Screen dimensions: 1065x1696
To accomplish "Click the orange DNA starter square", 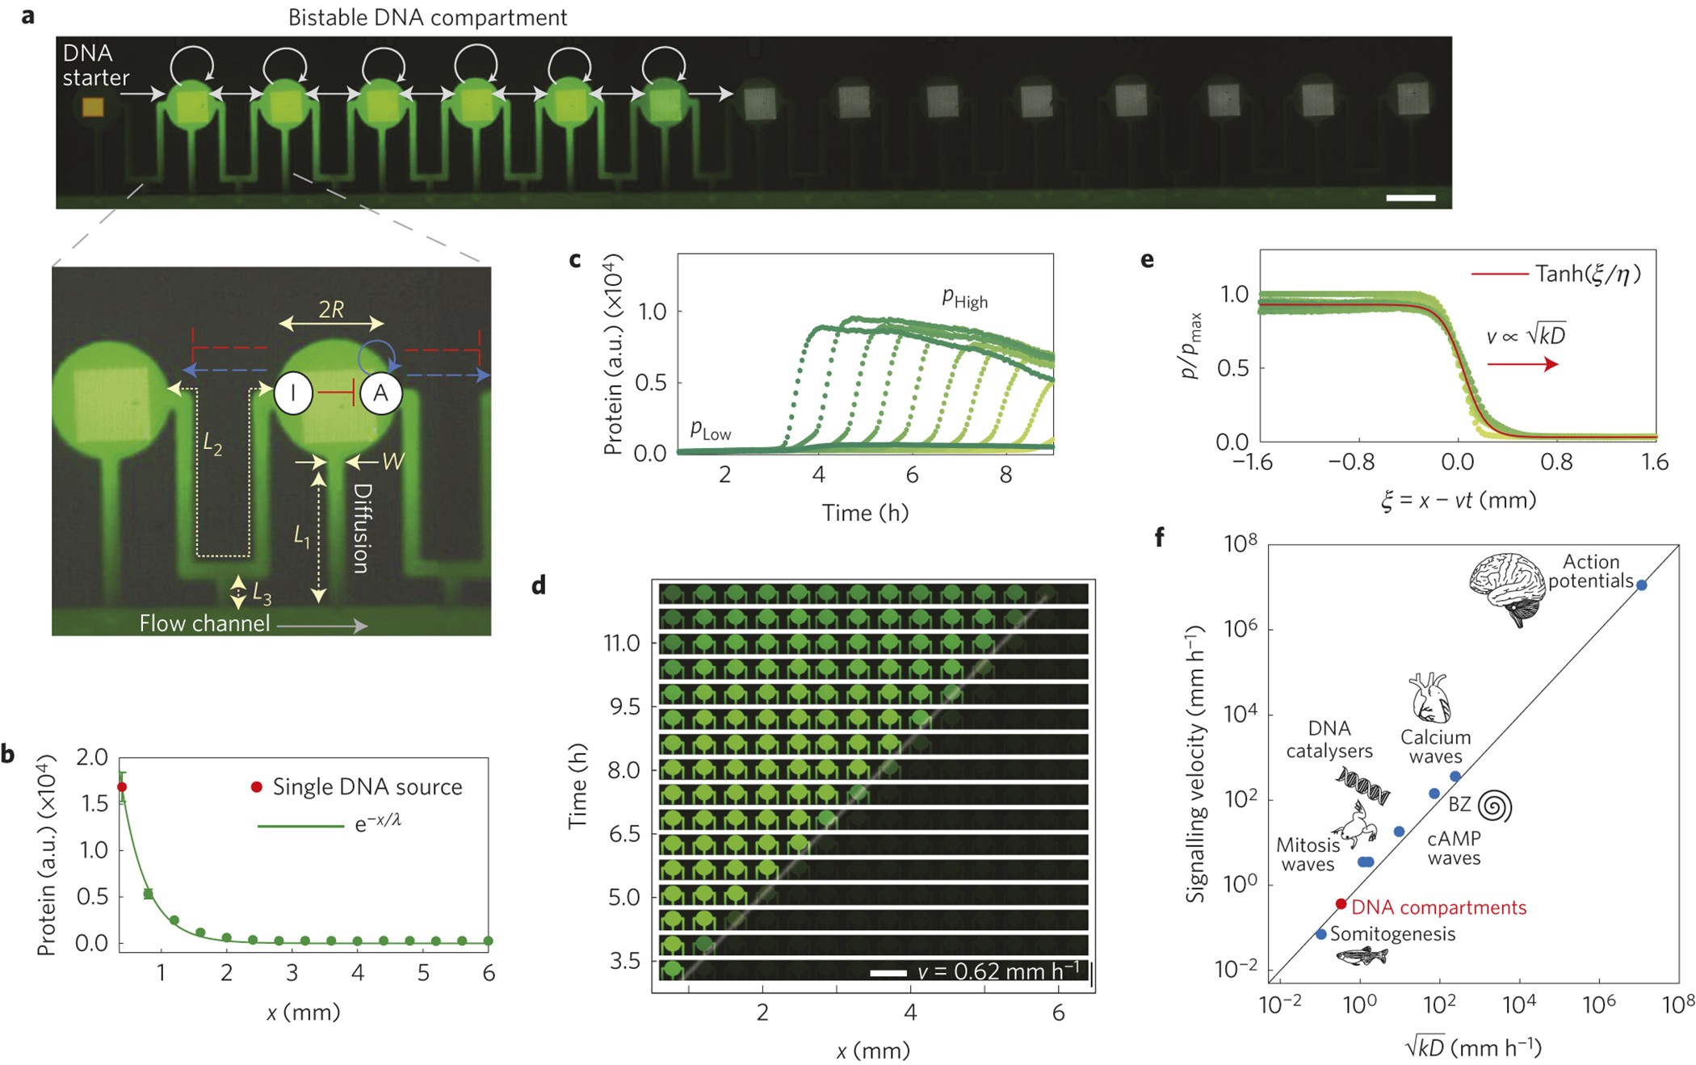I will pyautogui.click(x=93, y=107).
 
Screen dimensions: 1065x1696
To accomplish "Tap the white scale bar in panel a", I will pyautogui.click(x=1410, y=198).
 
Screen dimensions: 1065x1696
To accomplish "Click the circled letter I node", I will pyautogui.click(x=293, y=393).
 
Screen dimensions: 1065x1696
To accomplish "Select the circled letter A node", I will pyautogui.click(x=380, y=393).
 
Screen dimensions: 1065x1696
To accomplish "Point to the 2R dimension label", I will pyautogui.click(x=331, y=309).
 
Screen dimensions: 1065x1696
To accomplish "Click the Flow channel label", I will pyautogui.click(x=204, y=623).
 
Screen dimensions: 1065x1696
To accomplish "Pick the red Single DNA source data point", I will pyautogui.click(x=122, y=786).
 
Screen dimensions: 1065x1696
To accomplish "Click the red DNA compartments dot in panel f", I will pyautogui.click(x=1341, y=904).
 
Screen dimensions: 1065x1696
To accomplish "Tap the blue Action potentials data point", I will pyautogui.click(x=1641, y=585).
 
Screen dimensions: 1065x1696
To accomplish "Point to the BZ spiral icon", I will pyautogui.click(x=1494, y=805).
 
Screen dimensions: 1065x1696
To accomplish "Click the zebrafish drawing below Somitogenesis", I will pyautogui.click(x=1362, y=956).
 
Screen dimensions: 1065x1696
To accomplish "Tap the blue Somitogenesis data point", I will pyautogui.click(x=1321, y=934).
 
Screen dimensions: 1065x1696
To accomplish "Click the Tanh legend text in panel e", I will pyautogui.click(x=1588, y=275).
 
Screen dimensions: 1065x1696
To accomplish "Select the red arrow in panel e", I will pyautogui.click(x=1522, y=365).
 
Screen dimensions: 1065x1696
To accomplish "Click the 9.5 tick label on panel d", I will pyautogui.click(x=623, y=707).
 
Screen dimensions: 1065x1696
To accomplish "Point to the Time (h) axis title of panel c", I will pyautogui.click(x=865, y=514).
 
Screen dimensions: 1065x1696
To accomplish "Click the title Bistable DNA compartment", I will pyautogui.click(x=427, y=18).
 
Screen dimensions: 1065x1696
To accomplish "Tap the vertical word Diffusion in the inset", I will pyautogui.click(x=363, y=528).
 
